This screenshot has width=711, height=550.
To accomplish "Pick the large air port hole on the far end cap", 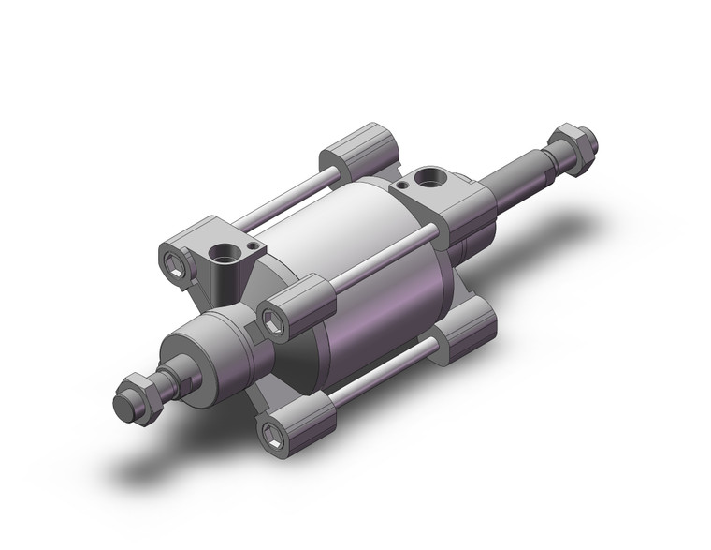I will point(431,175).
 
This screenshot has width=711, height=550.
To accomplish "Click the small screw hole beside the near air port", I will point(254,245).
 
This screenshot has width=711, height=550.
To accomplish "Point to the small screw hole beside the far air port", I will point(401,186).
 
